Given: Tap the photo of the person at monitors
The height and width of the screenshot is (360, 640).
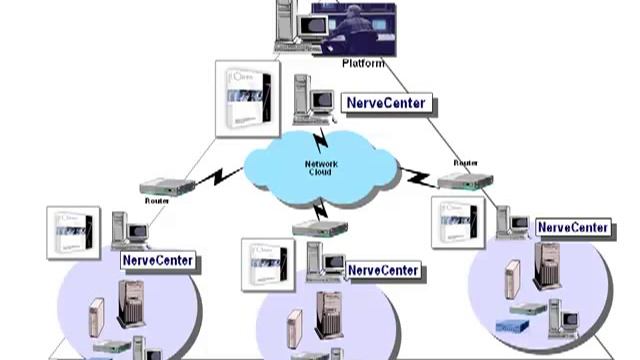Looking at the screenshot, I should click(x=352, y=26).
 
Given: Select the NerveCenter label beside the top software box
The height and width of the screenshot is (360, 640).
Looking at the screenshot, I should click(x=387, y=103).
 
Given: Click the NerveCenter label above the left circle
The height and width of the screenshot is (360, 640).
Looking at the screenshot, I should click(x=158, y=261).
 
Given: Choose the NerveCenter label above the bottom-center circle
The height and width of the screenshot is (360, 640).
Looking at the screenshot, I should click(x=384, y=271).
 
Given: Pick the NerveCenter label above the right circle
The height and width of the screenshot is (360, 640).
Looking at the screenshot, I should click(x=573, y=228).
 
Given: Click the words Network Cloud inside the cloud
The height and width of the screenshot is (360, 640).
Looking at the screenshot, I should click(x=320, y=167).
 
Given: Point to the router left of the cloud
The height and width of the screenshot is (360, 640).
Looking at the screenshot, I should click(x=167, y=187).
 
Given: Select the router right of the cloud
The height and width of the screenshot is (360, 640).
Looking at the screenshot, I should click(x=465, y=181).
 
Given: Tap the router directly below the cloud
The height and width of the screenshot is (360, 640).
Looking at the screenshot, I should click(x=320, y=228).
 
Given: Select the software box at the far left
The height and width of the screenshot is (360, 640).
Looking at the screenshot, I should click(x=73, y=233).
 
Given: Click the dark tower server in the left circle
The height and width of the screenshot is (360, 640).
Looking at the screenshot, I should click(x=131, y=304).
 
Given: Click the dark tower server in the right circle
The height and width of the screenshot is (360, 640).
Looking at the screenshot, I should click(x=548, y=267).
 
